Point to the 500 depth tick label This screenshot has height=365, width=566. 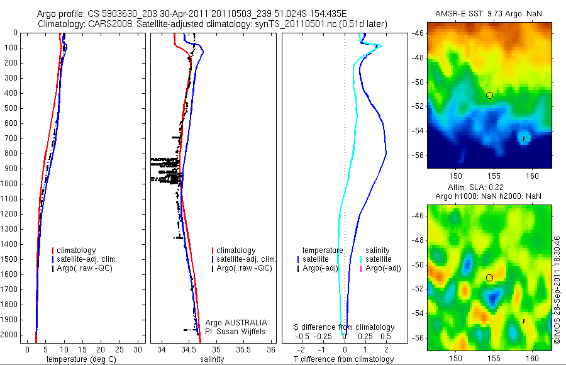click(12, 108)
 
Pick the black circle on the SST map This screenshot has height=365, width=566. click(489, 95)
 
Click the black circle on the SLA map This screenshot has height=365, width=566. click(489, 278)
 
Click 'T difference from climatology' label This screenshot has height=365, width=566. click(345, 359)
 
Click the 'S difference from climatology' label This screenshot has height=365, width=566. click(345, 327)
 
